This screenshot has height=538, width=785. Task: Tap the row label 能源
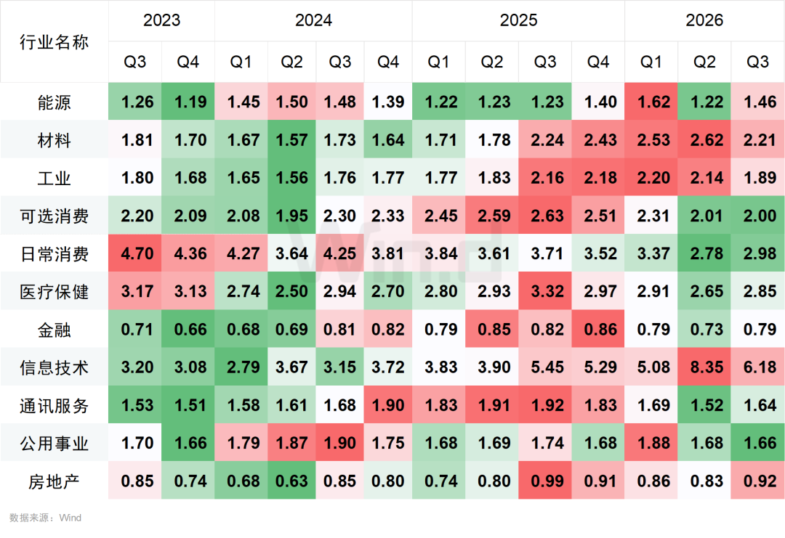click(54, 102)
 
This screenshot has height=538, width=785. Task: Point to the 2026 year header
click(704, 20)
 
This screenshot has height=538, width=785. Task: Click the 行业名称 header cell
click(54, 42)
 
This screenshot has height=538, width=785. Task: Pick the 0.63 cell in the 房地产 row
click(292, 481)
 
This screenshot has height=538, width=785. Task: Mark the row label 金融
click(54, 330)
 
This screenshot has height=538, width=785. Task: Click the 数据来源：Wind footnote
click(45, 518)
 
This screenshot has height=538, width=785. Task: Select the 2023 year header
click(161, 20)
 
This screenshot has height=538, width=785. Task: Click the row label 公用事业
click(54, 444)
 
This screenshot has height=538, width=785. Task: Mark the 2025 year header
click(518, 20)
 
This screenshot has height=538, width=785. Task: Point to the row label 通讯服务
click(54, 406)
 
